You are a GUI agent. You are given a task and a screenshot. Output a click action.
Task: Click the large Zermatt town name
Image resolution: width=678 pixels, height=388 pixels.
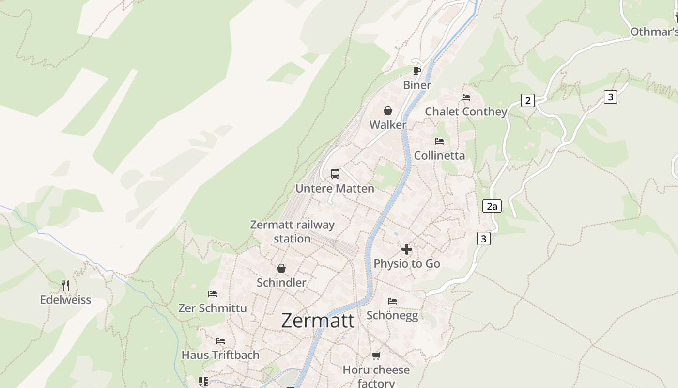pos(318,321)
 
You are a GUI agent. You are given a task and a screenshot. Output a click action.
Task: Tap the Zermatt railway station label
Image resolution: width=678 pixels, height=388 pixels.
pos(292,231)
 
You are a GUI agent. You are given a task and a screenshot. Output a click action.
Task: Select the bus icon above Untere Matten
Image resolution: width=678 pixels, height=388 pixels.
pos(335,174)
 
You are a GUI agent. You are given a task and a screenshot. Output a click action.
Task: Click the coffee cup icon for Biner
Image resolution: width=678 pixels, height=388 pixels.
pos(416,71)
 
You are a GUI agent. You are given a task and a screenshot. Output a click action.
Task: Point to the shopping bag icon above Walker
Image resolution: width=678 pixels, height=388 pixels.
pos(387,111)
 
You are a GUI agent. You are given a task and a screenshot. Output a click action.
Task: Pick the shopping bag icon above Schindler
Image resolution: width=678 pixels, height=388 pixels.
pos(281,268)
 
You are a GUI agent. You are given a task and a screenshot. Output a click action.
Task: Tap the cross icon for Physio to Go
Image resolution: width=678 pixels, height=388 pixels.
pos(407,249)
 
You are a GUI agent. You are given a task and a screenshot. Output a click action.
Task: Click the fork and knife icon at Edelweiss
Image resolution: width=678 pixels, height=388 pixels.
pos(65,286)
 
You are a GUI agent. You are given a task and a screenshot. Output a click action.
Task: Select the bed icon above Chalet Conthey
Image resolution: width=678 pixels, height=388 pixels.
pos(466,97)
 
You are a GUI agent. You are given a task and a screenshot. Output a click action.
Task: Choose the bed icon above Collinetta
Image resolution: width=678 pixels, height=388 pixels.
pos(439,141)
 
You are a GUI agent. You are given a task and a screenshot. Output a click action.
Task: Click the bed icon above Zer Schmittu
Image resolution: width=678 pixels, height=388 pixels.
pos(212,294)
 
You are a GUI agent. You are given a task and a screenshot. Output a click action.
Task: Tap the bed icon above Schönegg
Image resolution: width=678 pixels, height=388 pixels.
pos(392,301)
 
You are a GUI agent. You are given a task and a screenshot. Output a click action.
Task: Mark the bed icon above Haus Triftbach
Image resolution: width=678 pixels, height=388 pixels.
pos(220,341)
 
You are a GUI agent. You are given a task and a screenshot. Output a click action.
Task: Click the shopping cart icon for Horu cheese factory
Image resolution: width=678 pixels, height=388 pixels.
pos(376,356)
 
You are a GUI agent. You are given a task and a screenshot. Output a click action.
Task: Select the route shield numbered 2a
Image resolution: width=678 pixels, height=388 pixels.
pos(492,206)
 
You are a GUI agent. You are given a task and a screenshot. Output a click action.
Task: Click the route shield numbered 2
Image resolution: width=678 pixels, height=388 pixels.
pos(527,100)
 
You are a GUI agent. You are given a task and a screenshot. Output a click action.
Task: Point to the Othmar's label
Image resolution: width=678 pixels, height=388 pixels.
pos(654,32)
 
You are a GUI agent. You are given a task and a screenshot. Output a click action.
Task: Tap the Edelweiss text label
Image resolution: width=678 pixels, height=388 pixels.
pos(65,300)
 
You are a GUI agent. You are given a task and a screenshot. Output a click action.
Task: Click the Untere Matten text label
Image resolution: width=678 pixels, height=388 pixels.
pos(335,189)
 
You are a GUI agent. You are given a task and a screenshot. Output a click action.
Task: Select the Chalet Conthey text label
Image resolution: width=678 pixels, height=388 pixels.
pos(466,112)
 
